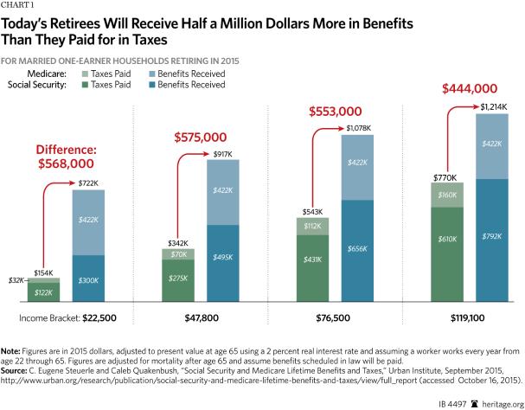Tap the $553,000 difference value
(x=336, y=112)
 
